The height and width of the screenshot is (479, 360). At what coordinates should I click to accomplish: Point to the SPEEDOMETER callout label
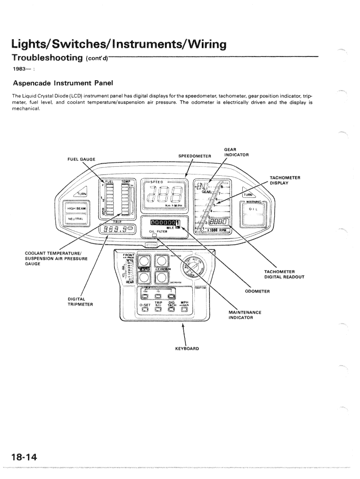pos(194,156)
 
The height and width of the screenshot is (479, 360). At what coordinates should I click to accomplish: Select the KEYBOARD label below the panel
pos(187,348)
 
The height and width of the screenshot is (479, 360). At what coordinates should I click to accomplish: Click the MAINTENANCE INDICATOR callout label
pos(245,315)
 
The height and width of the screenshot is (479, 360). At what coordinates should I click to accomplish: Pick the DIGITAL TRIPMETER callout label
pos(80,301)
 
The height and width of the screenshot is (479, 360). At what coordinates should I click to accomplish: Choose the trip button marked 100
pos(145,295)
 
